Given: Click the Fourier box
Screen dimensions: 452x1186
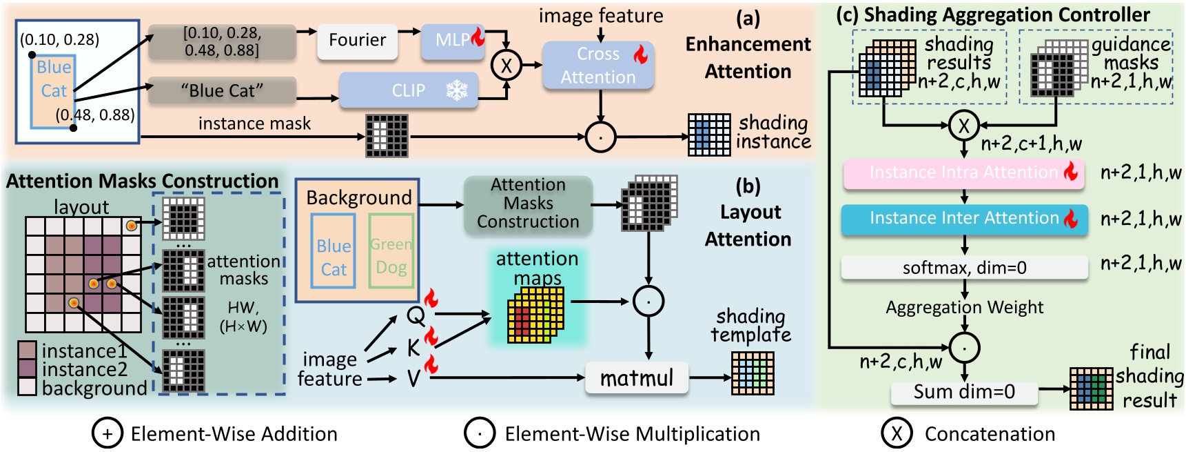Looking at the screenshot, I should coord(357,41).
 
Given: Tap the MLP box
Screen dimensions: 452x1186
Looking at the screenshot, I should coord(453,41).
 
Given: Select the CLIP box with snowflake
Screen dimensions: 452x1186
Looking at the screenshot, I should coord(408,90).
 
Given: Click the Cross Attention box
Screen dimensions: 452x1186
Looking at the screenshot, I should coord(597,66).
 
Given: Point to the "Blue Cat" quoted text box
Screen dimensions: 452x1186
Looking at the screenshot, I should coord(222,91).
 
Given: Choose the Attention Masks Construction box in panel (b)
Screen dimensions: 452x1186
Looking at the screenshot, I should coord(528,204).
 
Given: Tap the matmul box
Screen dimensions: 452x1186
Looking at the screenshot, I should coord(636,378).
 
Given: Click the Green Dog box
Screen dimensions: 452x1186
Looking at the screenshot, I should coord(391,251).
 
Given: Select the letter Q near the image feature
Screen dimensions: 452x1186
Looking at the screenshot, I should coord(416,316).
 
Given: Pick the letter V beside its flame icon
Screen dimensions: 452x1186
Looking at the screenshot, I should coord(413,378).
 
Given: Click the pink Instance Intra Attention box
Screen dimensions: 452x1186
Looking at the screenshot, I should coord(963,173).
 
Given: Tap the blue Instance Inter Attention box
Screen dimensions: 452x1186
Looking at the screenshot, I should coord(963,219).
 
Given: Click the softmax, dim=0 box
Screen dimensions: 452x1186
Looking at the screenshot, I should coord(963,268).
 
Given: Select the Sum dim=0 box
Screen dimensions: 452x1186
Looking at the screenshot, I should coord(963,392).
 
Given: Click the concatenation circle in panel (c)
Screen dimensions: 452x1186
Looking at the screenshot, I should coord(963,126).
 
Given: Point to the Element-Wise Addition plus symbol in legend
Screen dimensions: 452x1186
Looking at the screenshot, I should coord(107,433).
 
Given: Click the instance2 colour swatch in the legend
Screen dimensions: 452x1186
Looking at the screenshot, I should coord(28,369).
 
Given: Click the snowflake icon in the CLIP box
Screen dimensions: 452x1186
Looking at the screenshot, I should coord(457,90).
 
